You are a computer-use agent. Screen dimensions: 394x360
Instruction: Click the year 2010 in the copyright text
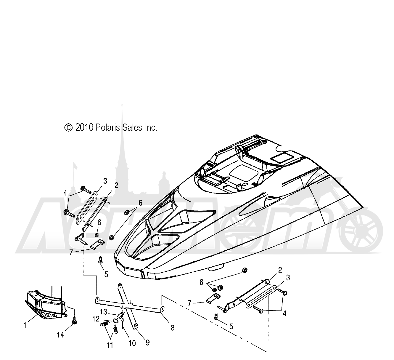click(84, 128)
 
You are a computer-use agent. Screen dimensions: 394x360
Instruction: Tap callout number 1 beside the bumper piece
click(25, 325)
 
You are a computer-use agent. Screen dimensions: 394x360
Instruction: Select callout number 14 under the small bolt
click(60, 335)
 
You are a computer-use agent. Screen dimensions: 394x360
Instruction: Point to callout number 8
click(173, 328)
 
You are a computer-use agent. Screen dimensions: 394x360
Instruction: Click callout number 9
click(147, 343)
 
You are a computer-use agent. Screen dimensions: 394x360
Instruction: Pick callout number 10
click(132, 343)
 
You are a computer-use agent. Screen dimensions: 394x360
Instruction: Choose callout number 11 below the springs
click(110, 345)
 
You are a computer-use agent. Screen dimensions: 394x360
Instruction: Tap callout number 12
click(96, 319)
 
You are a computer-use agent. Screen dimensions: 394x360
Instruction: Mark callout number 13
click(104, 312)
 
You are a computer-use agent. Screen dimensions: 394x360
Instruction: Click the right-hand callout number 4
click(284, 313)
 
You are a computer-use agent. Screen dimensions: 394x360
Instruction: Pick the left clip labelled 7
click(97, 244)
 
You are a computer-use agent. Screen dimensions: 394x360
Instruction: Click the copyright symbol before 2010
click(69, 128)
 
